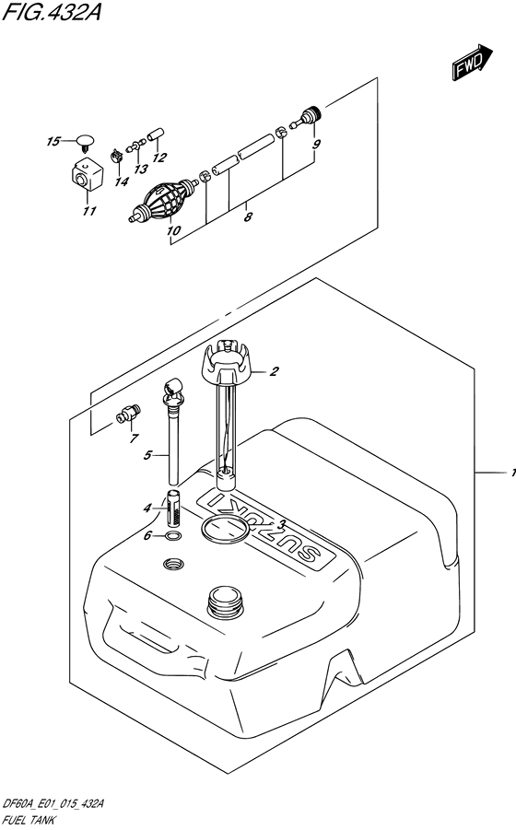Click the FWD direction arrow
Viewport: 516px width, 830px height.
472,63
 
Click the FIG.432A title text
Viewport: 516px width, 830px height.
51,12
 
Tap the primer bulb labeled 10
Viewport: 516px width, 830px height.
165,202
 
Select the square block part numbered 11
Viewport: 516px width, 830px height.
87,175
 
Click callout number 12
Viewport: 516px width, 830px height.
159,158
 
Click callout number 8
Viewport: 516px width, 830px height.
248,216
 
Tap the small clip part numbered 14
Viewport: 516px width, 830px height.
116,156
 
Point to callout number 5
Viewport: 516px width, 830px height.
147,455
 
